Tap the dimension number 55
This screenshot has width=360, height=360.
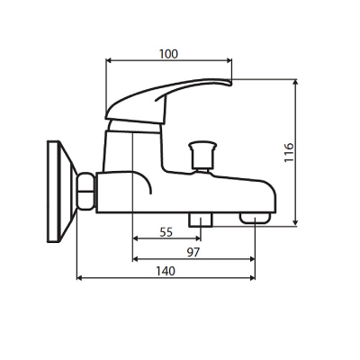pos(166,231)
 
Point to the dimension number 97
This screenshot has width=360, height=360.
pos(193,252)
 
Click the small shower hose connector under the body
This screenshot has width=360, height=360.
pos(198,220)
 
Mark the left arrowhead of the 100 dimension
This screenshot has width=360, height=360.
pos(109,62)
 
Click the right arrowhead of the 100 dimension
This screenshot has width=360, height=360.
pos(229,62)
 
